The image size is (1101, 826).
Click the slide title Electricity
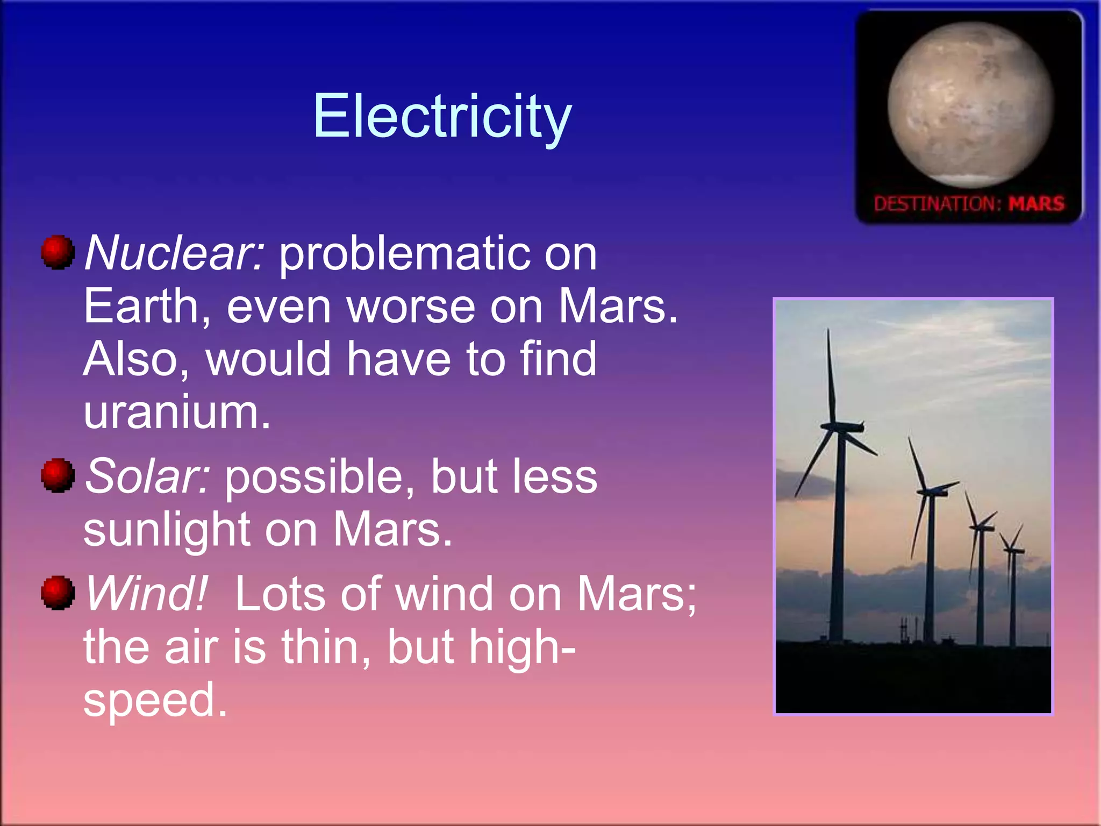coord(442,116)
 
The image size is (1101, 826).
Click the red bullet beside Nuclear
coord(58,252)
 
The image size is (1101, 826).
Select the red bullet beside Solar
coord(58,475)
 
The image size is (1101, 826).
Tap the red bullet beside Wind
coord(58,593)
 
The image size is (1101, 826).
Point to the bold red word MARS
coord(1036,204)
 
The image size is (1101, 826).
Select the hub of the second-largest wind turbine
coord(930,492)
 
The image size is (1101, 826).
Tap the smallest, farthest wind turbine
coord(1012,551)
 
